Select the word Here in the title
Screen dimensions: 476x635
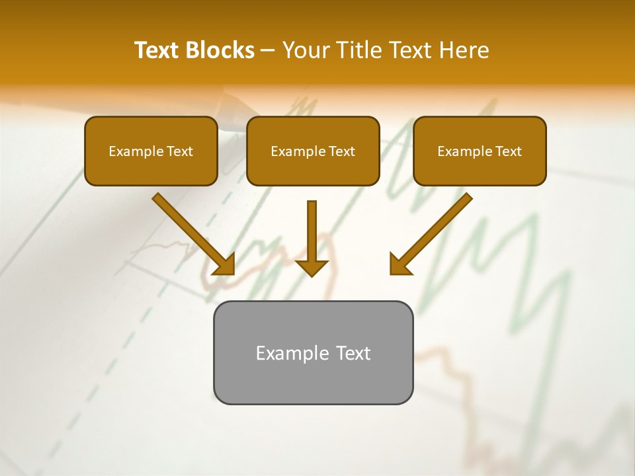click(x=462, y=50)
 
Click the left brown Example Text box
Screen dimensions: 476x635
click(x=151, y=151)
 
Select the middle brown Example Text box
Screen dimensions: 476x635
click(x=313, y=151)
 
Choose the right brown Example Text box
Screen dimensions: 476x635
click(x=480, y=151)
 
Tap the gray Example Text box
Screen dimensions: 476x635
click(x=313, y=352)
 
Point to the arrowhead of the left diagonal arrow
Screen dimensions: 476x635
click(x=225, y=264)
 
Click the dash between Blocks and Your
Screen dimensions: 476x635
click(x=268, y=50)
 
